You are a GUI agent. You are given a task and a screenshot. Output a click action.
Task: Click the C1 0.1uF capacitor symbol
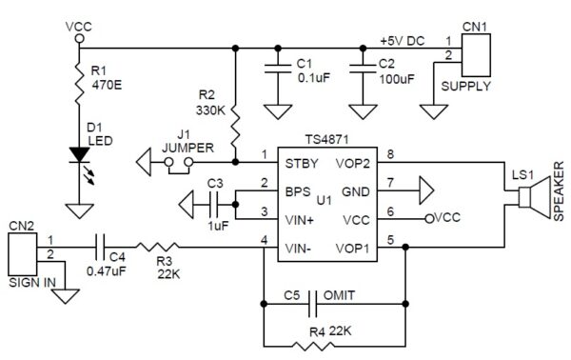click(x=277, y=67)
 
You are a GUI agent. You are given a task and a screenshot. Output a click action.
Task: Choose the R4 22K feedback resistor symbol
click(x=327, y=344)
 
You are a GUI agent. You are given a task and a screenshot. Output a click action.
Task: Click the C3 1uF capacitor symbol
click(x=215, y=202)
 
